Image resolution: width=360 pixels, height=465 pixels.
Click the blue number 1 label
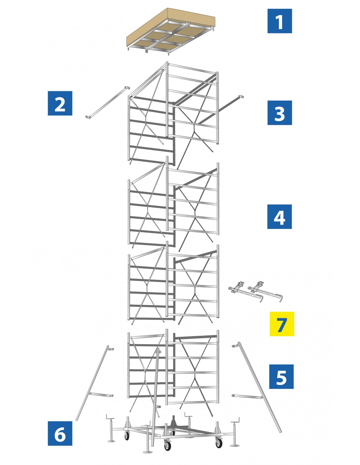(279, 21)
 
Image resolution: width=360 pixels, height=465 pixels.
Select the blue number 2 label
(60, 103)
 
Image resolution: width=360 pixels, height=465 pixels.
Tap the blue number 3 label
(279, 113)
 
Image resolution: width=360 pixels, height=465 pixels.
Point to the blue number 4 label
(279, 216)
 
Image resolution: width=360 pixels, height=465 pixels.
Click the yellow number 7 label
(281, 324)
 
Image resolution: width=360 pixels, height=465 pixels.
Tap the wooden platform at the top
(171, 31)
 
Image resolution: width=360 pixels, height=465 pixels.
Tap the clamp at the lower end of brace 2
(88, 117)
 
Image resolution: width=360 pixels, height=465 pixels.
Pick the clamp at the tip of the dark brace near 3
(241, 97)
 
